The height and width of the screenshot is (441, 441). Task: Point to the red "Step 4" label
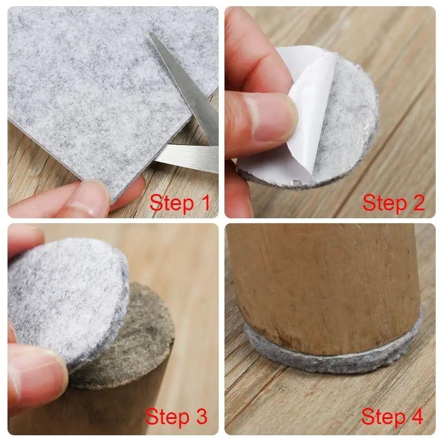point(392,416)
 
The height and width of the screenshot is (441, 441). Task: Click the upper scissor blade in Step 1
point(185,84)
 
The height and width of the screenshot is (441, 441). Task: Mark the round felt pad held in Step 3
point(66,295)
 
